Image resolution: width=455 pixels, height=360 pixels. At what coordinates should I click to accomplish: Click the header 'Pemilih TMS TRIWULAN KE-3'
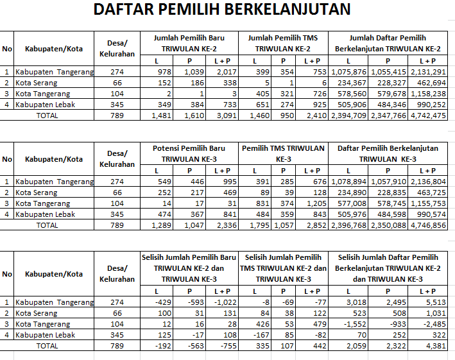[284, 153]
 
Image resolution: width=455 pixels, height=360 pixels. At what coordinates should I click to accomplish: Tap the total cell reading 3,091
[225, 116]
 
